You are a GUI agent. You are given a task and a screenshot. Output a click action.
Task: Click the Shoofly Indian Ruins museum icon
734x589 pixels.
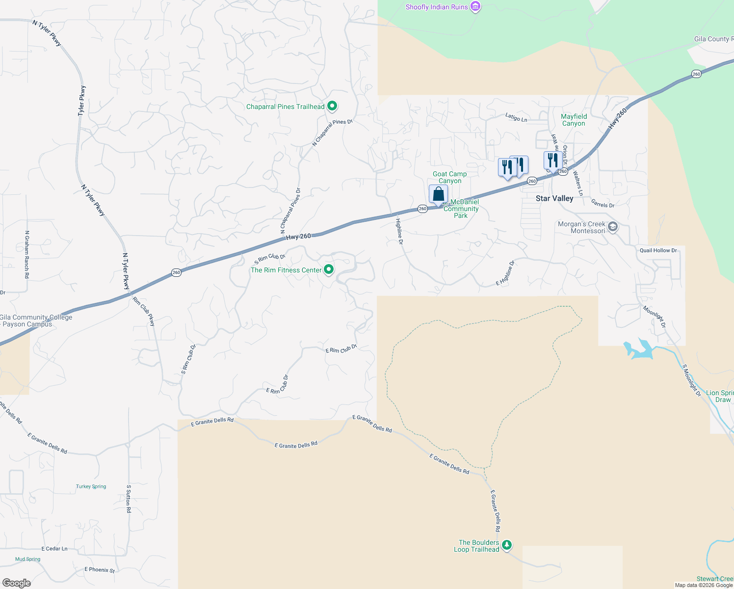coord(475,7)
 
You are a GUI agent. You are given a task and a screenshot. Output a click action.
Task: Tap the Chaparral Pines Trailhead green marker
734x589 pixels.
coord(332,106)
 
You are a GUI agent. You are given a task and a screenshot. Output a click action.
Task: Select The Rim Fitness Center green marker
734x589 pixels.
coord(329,269)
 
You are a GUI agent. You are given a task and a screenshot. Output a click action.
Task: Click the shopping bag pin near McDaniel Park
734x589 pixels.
coord(438,194)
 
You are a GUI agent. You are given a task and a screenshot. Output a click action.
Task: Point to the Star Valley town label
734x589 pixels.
coord(554,198)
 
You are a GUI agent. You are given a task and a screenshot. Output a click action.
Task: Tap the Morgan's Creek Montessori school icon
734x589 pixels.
coord(612,227)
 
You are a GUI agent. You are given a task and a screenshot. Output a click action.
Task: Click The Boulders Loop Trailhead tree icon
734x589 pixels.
coord(507,545)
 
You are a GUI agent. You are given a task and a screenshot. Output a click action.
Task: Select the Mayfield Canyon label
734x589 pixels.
coord(574,120)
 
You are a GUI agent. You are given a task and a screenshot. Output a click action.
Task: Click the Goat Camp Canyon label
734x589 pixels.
coord(450,177)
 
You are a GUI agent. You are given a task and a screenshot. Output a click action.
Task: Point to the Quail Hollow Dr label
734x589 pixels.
coord(658,250)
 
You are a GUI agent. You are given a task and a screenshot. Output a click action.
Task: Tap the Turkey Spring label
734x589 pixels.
coord(91,486)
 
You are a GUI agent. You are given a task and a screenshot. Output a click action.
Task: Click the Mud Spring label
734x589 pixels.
coord(27,559)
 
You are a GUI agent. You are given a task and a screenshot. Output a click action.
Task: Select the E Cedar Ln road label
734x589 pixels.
coord(54,549)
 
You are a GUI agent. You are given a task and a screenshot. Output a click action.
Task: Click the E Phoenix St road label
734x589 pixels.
coord(100,570)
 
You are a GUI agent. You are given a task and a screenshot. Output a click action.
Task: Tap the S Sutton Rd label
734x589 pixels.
coord(129,499)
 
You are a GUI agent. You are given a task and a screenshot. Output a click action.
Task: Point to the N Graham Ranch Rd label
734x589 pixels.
coord(27,254)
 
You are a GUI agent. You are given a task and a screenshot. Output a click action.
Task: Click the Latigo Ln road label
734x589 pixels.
coord(516,117)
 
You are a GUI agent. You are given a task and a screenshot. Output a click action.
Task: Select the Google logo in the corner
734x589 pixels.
coord(17,583)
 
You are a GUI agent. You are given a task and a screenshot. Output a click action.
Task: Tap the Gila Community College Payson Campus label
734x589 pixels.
coord(35,321)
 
